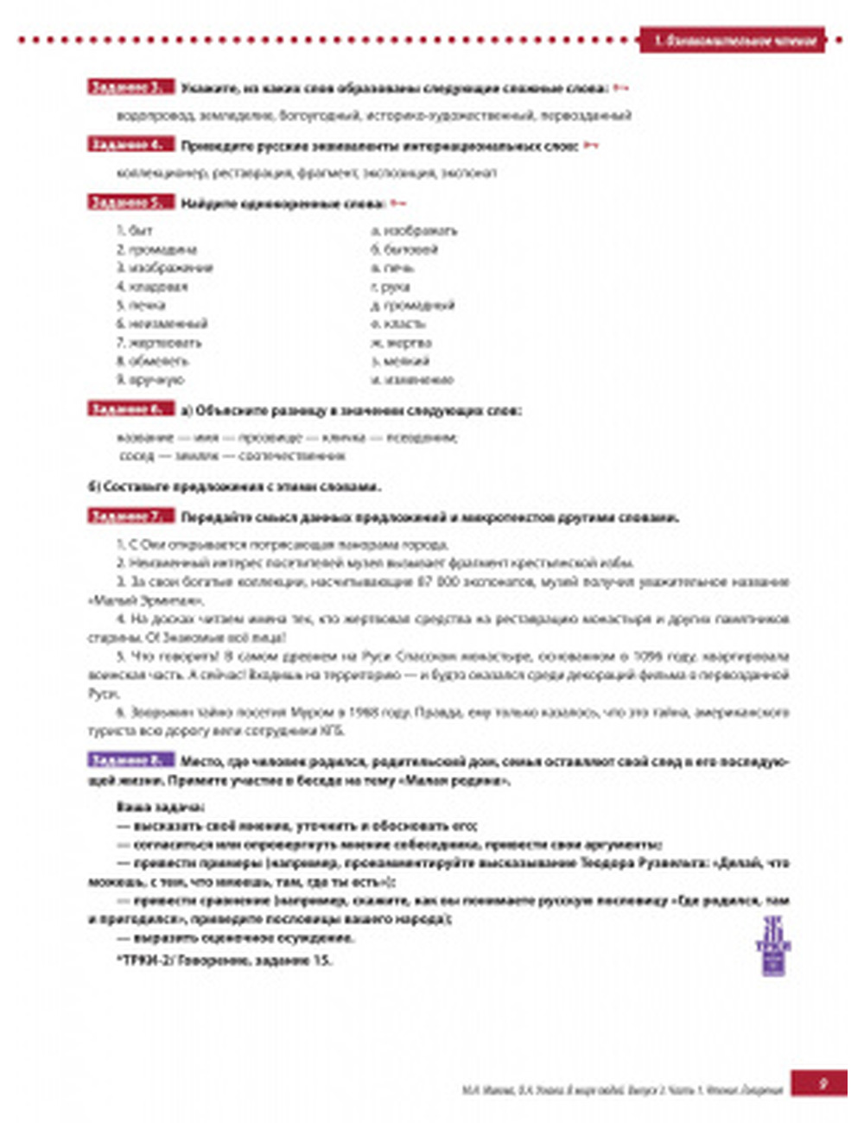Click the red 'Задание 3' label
[x=130, y=87]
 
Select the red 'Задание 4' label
[x=130, y=145]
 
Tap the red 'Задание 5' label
[x=130, y=203]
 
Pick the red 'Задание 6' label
[x=130, y=409]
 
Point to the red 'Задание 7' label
[x=130, y=517]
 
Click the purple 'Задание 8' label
[x=130, y=761]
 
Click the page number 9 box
[x=822, y=1082]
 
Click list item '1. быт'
[x=135, y=231]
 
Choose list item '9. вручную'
[x=150, y=379]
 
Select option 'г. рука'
[x=391, y=287]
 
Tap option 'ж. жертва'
[x=401, y=342]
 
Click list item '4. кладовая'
[x=152, y=287]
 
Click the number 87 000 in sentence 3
[x=436, y=582]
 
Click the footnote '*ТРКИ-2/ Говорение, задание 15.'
[x=224, y=959]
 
